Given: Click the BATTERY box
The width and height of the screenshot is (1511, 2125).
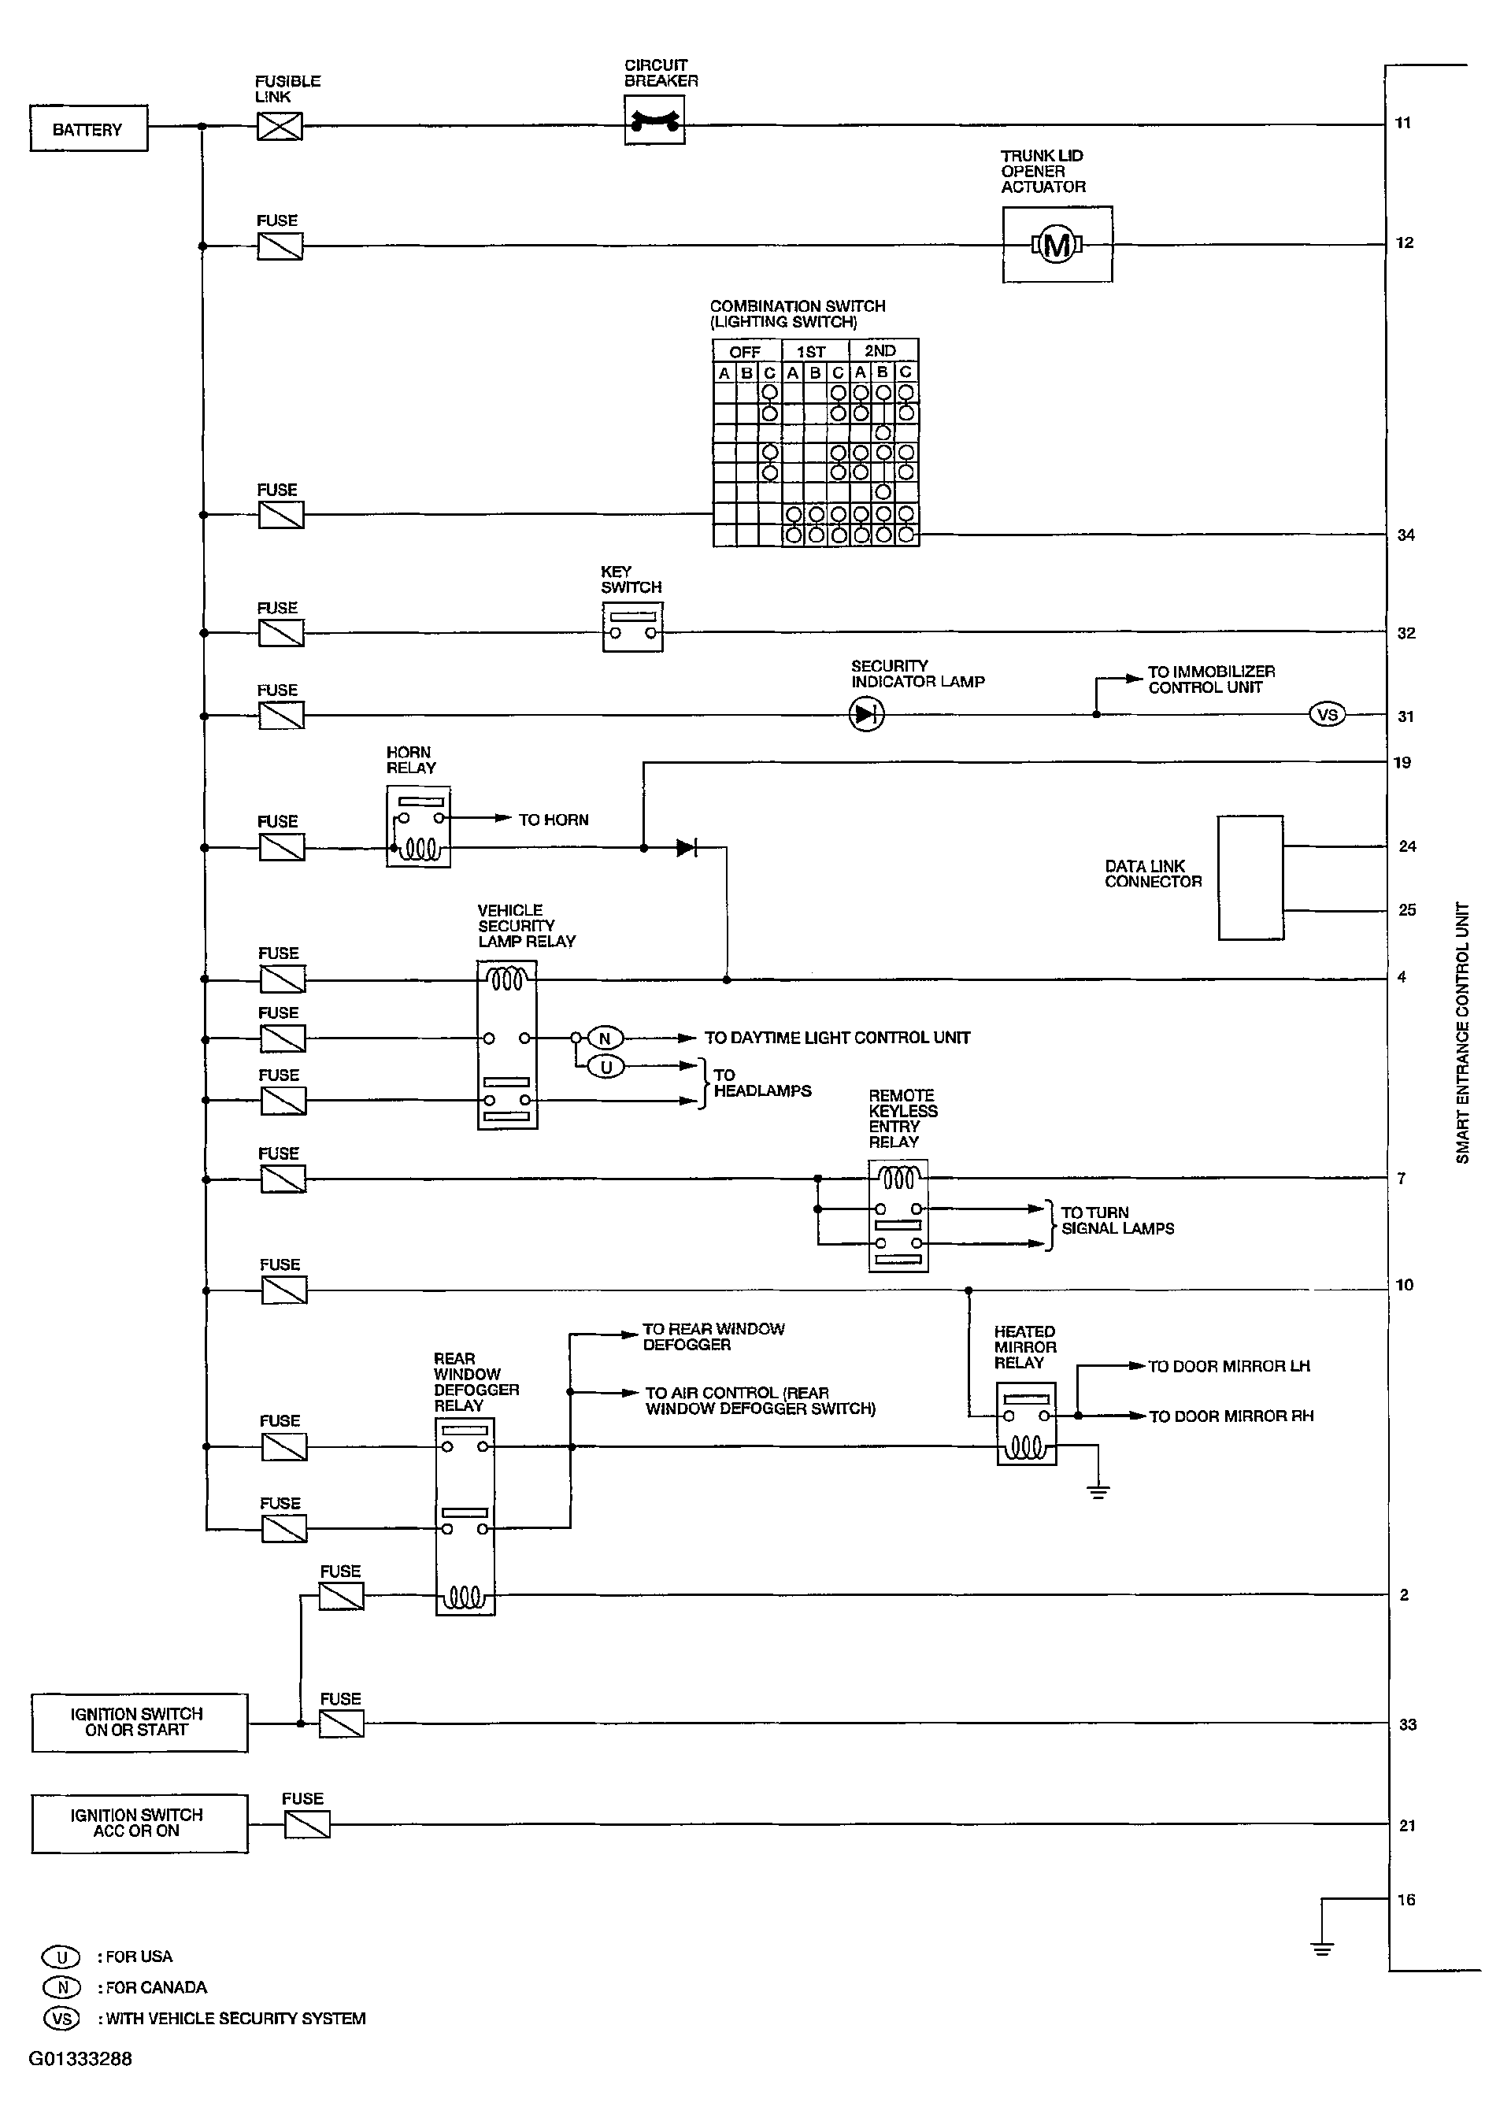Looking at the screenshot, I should pos(88,129).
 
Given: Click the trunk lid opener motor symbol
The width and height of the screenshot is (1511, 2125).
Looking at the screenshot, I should pos(1057,245).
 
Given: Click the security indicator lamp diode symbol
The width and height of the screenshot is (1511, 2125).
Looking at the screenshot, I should pos(867,715).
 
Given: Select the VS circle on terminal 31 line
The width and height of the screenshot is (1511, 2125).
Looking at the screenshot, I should pos(1327,715).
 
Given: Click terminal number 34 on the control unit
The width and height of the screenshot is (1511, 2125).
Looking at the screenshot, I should pos(1405,535).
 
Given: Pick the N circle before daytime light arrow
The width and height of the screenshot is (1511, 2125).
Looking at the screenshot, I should pos(605,1038).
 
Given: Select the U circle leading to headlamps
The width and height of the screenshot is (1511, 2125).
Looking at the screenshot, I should pos(606,1067).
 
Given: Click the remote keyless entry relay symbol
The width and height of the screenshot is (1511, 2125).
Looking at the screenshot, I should pos(898,1215).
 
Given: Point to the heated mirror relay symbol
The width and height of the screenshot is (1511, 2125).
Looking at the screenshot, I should pos(1026,1423).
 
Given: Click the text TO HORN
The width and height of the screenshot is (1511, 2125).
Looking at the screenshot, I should pos(554,820).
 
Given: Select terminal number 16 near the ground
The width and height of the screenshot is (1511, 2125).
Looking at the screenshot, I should pos(1405,1900).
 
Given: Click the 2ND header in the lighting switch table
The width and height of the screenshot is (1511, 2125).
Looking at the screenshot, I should pos(880,351).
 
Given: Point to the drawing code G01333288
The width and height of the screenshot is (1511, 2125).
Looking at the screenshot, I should pos(80,2059).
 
